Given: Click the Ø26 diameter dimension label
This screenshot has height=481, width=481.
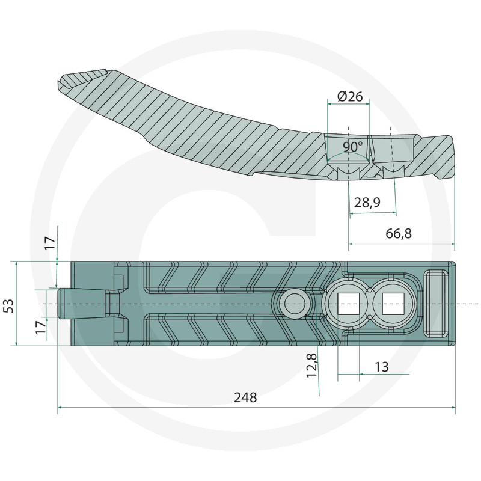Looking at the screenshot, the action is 350,97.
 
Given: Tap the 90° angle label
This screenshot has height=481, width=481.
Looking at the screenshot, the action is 353,147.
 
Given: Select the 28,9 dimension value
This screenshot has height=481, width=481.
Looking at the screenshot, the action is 367,203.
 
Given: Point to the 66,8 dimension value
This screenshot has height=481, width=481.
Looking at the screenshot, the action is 399,234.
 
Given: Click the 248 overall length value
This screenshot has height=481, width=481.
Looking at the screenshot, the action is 245,397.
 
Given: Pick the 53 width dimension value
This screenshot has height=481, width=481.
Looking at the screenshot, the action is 9,305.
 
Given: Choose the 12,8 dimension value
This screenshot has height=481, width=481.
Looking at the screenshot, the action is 311,365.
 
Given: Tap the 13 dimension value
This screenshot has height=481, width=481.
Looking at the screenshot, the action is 382,367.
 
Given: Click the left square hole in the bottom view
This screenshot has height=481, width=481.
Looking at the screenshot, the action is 348,304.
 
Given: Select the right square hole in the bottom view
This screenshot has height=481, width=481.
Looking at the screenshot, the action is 394,304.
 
